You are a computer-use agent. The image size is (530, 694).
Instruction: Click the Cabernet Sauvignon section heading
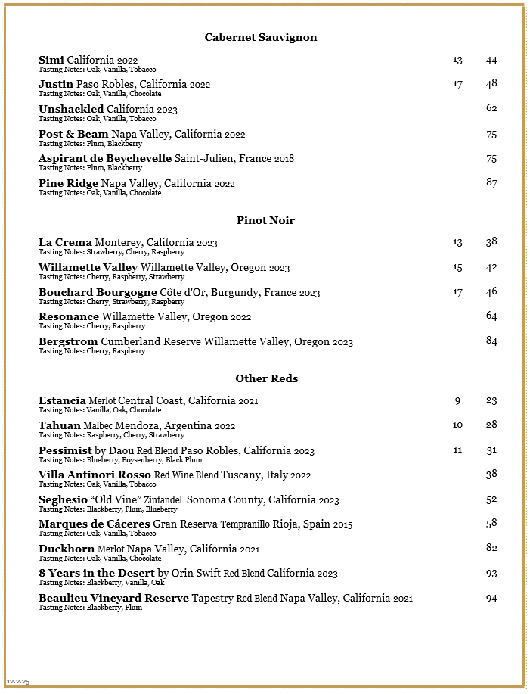click(261, 37)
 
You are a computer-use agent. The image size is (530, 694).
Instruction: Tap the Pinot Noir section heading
click(265, 220)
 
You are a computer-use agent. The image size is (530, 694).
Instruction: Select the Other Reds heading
click(266, 378)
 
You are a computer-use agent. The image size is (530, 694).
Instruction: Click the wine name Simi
click(51, 60)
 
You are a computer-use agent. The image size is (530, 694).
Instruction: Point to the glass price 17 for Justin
click(457, 84)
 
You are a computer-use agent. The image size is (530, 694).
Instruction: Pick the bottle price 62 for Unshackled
click(491, 108)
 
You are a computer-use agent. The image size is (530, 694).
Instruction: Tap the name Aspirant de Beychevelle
click(105, 158)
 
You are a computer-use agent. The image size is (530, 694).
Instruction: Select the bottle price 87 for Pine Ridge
click(491, 182)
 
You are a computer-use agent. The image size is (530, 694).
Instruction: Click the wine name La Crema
click(65, 242)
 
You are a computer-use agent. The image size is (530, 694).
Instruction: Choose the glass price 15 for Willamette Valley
click(457, 267)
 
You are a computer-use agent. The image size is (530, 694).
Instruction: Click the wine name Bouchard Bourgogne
click(98, 292)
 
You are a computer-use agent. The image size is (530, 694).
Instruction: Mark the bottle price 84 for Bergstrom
click(491, 341)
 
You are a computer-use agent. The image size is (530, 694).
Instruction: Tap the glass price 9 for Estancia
click(457, 400)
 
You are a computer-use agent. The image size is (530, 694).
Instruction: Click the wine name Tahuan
click(60, 425)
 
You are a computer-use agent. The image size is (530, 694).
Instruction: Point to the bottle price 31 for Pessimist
click(491, 450)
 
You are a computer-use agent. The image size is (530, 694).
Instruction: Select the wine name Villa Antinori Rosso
click(95, 475)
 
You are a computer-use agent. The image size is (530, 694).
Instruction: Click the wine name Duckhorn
click(67, 549)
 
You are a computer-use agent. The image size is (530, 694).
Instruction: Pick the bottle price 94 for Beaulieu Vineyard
click(491, 599)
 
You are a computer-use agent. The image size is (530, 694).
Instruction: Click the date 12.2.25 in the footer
click(18, 682)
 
